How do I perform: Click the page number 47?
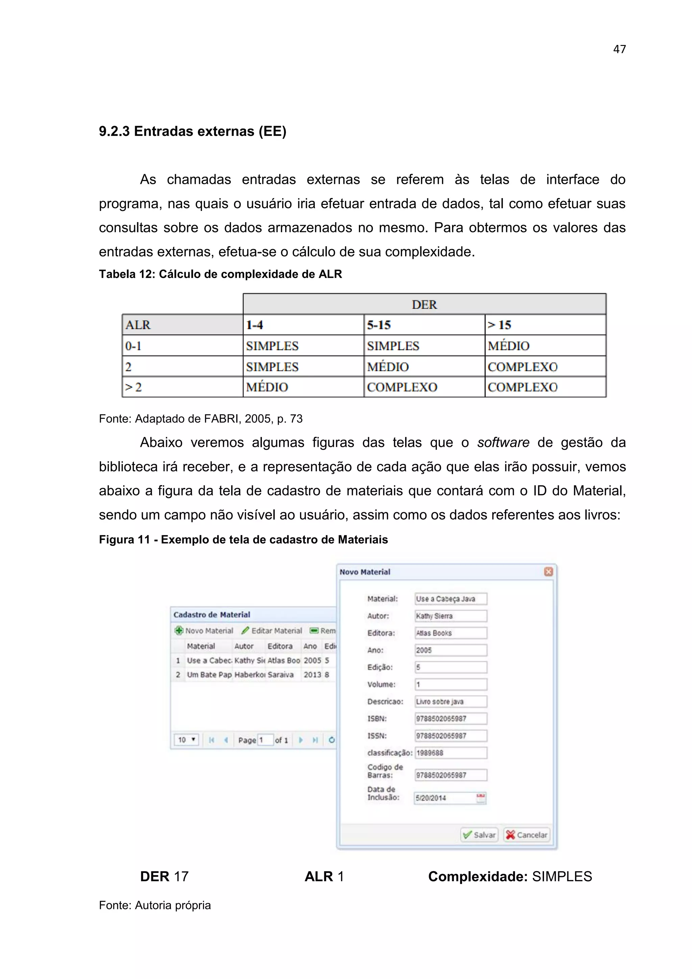(x=619, y=49)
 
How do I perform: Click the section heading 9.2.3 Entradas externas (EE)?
(x=193, y=131)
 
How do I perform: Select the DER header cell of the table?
(x=424, y=305)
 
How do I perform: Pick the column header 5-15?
(x=379, y=325)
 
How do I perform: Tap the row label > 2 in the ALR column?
(x=134, y=387)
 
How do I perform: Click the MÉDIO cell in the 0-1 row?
(x=509, y=346)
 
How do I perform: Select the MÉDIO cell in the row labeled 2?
(x=388, y=367)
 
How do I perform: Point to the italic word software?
(x=503, y=443)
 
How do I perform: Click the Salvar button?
(x=480, y=835)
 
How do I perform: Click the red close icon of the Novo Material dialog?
(x=548, y=572)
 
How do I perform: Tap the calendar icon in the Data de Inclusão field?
(x=481, y=798)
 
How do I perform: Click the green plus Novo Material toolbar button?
(x=204, y=630)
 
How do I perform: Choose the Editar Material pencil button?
(x=272, y=630)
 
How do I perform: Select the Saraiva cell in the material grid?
(x=281, y=674)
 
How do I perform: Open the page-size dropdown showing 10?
(x=187, y=740)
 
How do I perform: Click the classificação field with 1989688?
(x=450, y=753)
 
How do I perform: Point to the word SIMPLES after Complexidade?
(x=562, y=877)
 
